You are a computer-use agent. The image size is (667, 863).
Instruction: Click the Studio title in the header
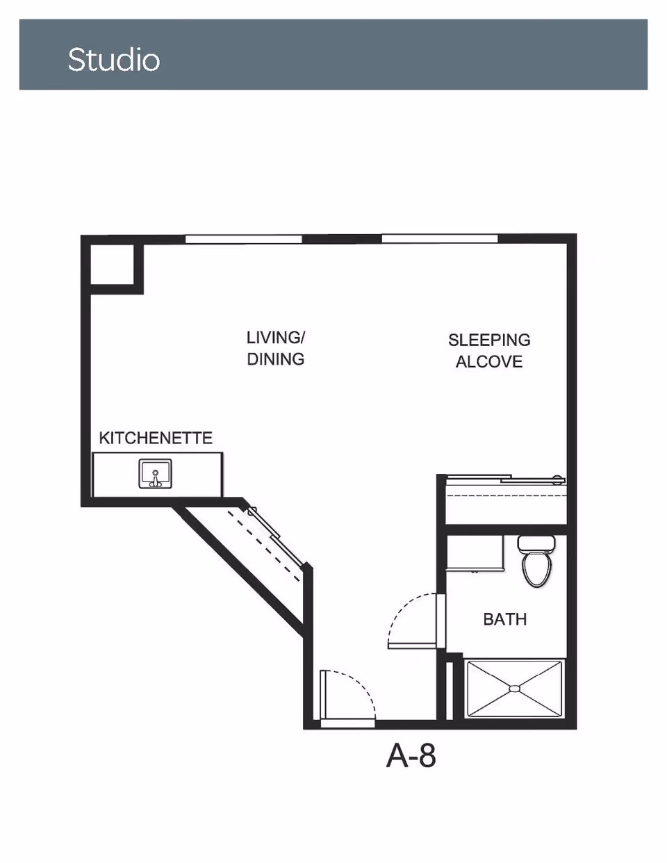point(114,60)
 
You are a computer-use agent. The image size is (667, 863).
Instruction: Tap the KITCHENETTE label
point(156,438)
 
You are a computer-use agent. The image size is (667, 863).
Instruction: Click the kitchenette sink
point(155,473)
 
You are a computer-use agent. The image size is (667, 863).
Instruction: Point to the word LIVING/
point(276,338)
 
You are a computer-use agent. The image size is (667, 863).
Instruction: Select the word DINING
point(276,359)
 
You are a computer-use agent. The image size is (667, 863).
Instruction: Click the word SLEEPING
point(489,340)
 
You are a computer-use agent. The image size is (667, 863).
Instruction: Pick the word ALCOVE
point(489,361)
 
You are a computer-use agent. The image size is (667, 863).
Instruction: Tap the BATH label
point(505,619)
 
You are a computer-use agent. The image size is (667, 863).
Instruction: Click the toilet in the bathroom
point(537,561)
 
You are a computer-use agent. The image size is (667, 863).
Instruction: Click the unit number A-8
point(411,756)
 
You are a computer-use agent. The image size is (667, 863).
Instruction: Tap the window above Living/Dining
point(243,239)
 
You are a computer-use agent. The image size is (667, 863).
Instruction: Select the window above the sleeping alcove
point(440,239)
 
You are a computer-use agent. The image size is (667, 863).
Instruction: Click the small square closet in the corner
point(112,265)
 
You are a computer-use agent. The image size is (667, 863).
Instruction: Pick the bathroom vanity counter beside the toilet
point(475,552)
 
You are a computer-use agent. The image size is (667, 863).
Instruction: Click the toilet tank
point(536,543)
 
